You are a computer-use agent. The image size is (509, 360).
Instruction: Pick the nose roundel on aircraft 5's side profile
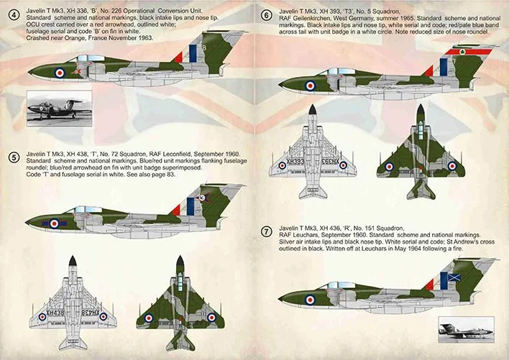pyautogui.click(x=55, y=223)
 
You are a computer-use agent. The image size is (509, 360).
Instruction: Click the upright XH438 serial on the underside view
pyautogui.click(x=51, y=315)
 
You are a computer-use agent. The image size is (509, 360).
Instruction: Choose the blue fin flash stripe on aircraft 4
pyautogui.click(x=193, y=52)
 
